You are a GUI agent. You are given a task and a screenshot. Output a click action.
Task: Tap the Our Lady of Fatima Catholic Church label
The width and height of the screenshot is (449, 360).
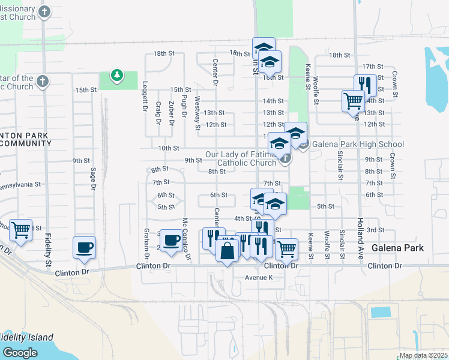(x=241, y=158)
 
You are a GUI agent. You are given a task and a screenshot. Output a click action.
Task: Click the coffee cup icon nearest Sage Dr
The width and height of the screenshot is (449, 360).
(x=84, y=247)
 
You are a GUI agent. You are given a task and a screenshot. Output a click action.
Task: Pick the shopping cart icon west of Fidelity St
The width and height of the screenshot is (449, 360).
(x=21, y=229)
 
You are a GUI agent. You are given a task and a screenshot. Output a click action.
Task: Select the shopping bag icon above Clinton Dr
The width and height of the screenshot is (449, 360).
(x=228, y=251)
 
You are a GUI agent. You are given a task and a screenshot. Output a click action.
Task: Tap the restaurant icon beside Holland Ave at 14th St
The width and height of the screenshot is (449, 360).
(x=365, y=85)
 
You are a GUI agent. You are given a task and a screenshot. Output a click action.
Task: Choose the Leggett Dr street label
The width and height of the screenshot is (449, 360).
(x=145, y=100)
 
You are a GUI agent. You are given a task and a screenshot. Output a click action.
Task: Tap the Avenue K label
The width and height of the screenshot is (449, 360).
(x=258, y=277)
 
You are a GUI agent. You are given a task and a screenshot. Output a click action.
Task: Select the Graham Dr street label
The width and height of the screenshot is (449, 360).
(x=146, y=240)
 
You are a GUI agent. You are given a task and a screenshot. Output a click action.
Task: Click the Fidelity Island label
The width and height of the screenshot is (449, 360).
(x=26, y=337)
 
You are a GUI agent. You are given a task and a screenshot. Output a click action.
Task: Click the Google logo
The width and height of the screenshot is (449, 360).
(x=20, y=352)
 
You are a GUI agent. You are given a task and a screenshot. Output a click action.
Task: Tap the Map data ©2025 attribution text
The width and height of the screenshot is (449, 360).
(x=423, y=355)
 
